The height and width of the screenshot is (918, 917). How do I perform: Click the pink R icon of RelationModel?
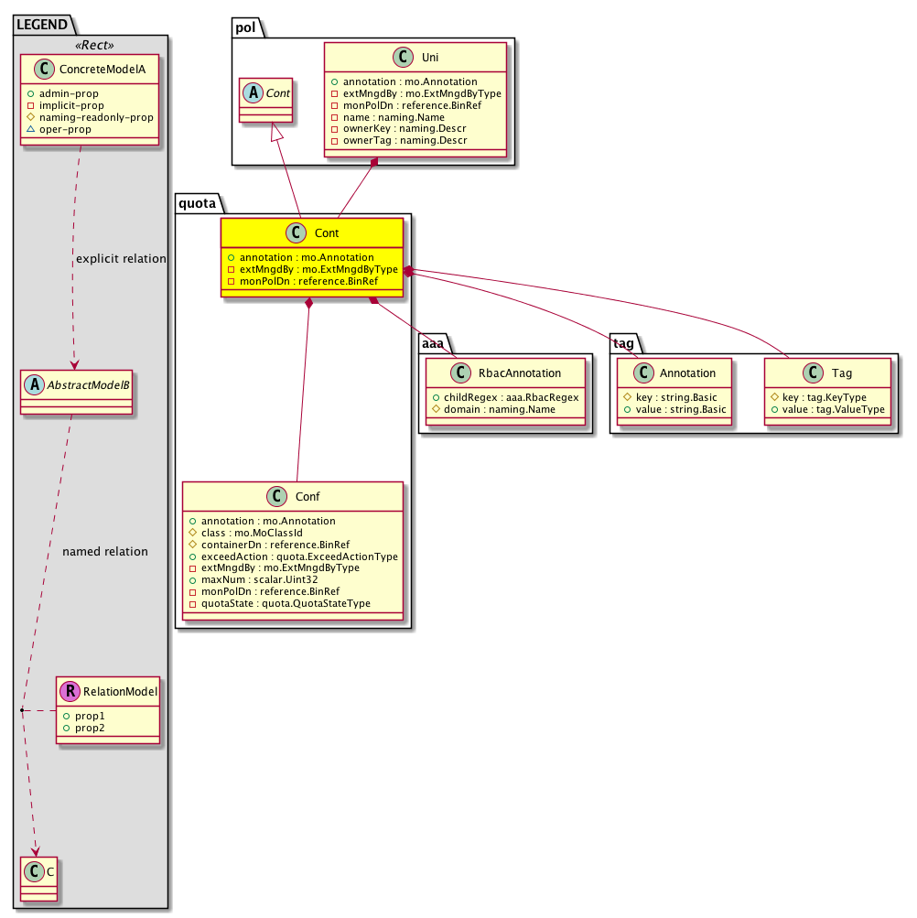pyautogui.click(x=70, y=691)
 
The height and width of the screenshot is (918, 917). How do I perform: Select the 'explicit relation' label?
pyautogui.click(x=121, y=259)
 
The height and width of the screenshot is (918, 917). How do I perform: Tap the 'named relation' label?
pyautogui.click(x=105, y=552)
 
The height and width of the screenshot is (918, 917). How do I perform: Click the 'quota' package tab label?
pyautogui.click(x=198, y=203)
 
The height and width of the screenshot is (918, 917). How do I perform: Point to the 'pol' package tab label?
pyautogui.click(x=245, y=27)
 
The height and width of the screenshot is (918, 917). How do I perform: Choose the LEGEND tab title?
pyautogui.click(x=42, y=25)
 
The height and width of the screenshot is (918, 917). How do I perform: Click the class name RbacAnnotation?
pyautogui.click(x=520, y=373)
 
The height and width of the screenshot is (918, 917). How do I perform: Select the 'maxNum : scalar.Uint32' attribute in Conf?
pyautogui.click(x=259, y=579)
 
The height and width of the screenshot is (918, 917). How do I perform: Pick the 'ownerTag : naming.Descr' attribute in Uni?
pyautogui.click(x=405, y=141)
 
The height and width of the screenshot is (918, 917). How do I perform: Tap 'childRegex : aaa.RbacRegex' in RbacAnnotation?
pyautogui.click(x=512, y=397)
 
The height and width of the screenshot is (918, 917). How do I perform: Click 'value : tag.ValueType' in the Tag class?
pyautogui.click(x=834, y=409)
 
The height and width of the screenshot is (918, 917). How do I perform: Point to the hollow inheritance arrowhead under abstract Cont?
pyautogui.click(x=276, y=132)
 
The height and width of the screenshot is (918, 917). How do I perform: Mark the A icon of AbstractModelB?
pyautogui.click(x=35, y=384)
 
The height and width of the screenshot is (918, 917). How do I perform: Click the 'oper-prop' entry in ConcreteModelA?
pyautogui.click(x=65, y=129)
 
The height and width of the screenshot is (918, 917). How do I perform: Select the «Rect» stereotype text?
pyautogui.click(x=94, y=45)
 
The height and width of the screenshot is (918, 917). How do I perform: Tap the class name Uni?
pyautogui.click(x=430, y=58)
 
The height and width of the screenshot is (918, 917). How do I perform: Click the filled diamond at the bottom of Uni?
pyautogui.click(x=374, y=162)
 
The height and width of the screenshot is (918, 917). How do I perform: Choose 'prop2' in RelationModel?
pyautogui.click(x=90, y=728)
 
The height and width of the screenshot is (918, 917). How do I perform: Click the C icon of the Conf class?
pyautogui.click(x=277, y=496)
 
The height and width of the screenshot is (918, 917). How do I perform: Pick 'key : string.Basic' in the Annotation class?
pyautogui.click(x=676, y=397)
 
